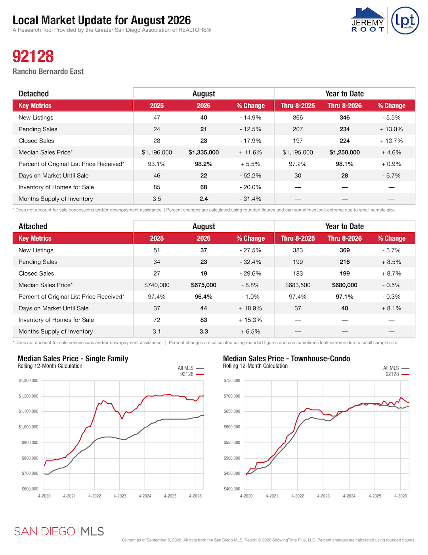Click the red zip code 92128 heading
(33, 56)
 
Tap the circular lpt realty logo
(405, 20)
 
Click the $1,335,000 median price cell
(203, 152)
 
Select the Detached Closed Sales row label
(36, 141)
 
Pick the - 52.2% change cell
(250, 176)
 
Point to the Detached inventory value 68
(203, 187)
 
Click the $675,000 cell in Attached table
(203, 285)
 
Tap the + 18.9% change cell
(250, 308)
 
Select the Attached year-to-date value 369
(344, 250)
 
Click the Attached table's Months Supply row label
(55, 331)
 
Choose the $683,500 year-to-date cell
(298, 285)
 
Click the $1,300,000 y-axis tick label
(28, 381)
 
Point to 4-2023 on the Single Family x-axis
(120, 496)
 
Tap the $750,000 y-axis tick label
(232, 381)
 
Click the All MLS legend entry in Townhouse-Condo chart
(396, 368)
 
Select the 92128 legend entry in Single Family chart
(192, 374)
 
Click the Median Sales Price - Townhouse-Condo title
(287, 358)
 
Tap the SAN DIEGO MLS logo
(59, 531)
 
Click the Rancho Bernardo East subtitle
(48, 71)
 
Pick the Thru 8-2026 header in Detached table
(344, 106)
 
